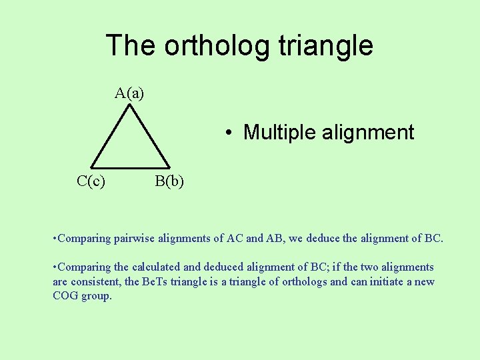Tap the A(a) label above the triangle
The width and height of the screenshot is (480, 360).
pos(129,93)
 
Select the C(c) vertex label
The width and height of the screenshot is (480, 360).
pos(91,180)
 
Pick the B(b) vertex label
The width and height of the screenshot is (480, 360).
pos(169,180)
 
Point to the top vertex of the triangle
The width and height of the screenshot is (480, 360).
pos(130,105)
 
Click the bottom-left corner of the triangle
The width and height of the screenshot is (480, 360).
pos(92,167)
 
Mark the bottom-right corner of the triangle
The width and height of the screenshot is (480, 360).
pos(169,167)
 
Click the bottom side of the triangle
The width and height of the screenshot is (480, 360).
pos(130,167)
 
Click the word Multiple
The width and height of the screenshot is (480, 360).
pos(279,132)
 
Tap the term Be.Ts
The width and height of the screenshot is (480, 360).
pos(157,281)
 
